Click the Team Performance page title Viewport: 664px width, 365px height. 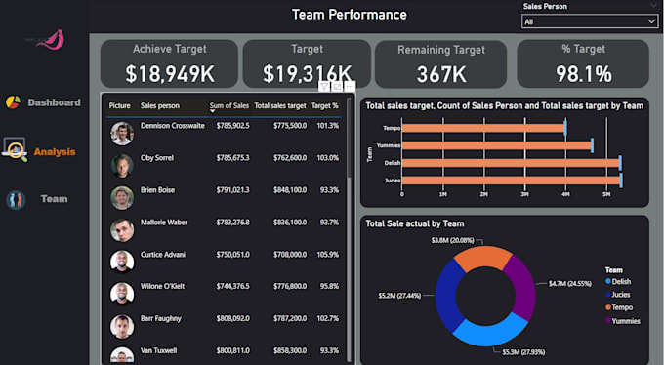[x=349, y=15]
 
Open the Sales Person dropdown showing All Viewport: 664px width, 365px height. [x=590, y=20]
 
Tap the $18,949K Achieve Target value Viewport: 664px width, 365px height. [x=171, y=73]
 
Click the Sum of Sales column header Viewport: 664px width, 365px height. [x=229, y=105]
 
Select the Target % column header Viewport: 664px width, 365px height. [x=324, y=105]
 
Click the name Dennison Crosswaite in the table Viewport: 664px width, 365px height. [x=173, y=126]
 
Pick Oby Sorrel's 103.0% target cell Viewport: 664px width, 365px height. [x=327, y=157]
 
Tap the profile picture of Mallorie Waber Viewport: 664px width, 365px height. [x=121, y=229]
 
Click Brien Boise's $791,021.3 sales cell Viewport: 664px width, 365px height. [x=231, y=190]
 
